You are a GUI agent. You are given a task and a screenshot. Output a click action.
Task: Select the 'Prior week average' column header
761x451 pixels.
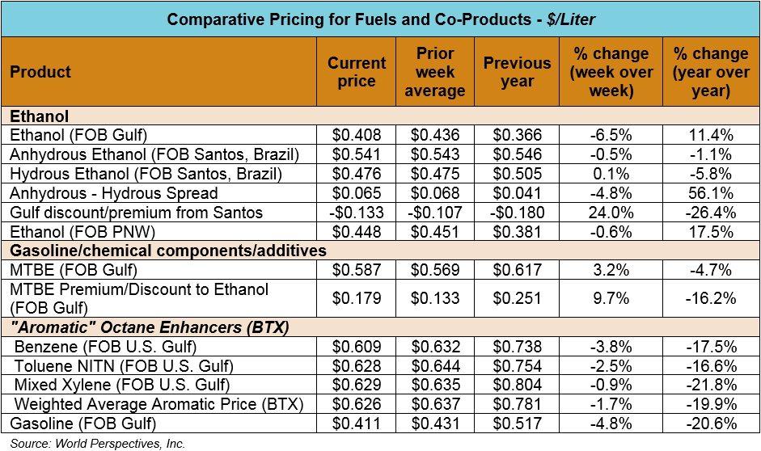(434, 72)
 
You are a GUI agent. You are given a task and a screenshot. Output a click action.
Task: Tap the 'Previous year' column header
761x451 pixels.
(517, 72)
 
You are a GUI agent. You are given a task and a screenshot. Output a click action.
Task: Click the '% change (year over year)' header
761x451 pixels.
(711, 72)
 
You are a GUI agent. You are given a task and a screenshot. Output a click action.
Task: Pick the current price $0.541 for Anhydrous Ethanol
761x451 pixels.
(357, 154)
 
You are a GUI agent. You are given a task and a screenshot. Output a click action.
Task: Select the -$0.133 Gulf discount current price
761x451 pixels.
(354, 213)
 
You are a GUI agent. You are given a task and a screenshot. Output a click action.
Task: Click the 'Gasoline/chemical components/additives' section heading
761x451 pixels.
(167, 251)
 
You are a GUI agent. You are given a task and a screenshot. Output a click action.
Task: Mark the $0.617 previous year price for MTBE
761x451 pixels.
(518, 270)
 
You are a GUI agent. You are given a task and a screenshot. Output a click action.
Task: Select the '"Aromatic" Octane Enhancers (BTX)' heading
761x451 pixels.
(150, 327)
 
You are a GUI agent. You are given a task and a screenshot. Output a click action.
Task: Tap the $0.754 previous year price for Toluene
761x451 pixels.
(518, 365)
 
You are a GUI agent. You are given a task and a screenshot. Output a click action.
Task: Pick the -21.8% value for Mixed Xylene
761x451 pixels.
(711, 384)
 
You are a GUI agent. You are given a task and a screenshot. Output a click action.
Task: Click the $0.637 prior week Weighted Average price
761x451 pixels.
(434, 403)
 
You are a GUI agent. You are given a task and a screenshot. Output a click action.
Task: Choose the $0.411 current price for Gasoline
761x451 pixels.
(357, 423)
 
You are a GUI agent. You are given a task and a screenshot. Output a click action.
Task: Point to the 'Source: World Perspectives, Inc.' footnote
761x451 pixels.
(98, 443)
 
